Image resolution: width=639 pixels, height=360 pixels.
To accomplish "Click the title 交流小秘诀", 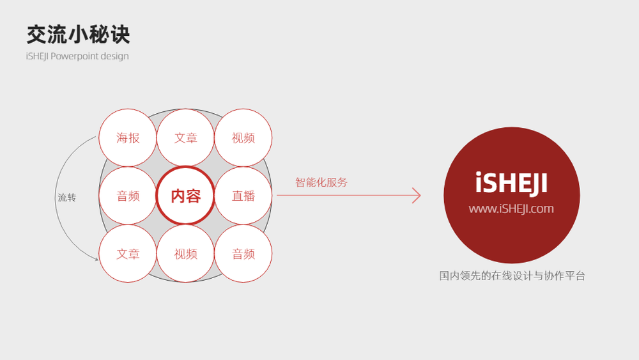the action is (x=78, y=35).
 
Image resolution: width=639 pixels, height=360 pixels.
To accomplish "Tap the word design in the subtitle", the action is (x=115, y=56).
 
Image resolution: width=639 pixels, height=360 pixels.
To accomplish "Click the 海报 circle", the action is (x=128, y=138).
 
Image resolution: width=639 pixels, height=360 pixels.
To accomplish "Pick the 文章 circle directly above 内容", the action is (x=185, y=138).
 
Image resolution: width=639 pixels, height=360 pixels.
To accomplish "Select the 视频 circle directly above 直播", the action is (x=243, y=138).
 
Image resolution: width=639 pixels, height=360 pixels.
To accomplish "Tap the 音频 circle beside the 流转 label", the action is (x=128, y=196).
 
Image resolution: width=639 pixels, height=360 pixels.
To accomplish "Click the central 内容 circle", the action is (x=185, y=196).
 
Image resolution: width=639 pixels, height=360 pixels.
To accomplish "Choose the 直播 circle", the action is (x=243, y=196).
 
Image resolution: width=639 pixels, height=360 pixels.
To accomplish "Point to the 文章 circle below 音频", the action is (x=128, y=254).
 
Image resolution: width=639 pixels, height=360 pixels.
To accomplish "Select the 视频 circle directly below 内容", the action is (x=185, y=254).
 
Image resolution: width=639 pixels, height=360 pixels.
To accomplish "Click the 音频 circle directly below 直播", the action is (x=243, y=254).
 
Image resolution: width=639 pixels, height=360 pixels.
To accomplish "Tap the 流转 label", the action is (x=67, y=198).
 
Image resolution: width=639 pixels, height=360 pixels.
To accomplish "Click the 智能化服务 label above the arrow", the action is (x=321, y=182).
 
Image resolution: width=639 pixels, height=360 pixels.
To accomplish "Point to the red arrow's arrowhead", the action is (x=420, y=195).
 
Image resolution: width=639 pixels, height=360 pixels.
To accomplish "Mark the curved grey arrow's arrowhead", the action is (x=97, y=259).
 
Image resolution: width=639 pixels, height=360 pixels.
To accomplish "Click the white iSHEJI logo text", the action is (x=511, y=183).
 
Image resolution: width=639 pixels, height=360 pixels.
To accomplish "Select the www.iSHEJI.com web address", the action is (x=511, y=208).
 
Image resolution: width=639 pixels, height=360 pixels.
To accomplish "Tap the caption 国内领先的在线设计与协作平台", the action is (x=512, y=276).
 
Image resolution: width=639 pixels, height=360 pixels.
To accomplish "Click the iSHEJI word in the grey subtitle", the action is (x=38, y=56).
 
